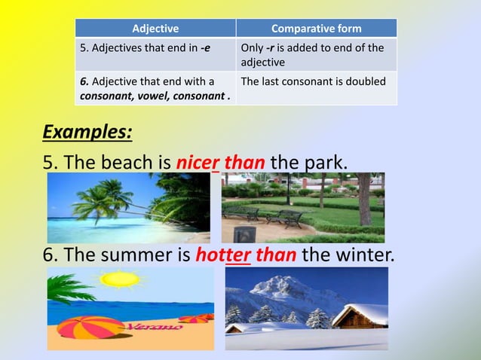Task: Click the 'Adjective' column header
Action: click(155, 29)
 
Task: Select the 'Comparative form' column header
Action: click(316, 29)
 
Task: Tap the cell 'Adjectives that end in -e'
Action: click(155, 48)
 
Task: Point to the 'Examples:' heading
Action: click(87, 133)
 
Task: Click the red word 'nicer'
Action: click(198, 163)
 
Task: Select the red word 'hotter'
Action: click(223, 255)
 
